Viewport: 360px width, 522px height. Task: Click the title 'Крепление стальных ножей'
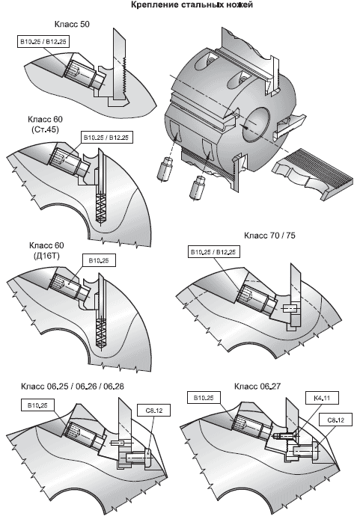point(192,5)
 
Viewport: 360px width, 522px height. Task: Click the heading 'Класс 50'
point(72,24)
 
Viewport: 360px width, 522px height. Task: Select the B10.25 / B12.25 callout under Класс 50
point(43,42)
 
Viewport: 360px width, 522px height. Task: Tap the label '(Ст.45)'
point(46,129)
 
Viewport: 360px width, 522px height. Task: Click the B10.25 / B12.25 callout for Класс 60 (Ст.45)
point(106,137)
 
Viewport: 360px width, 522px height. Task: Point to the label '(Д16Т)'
point(46,256)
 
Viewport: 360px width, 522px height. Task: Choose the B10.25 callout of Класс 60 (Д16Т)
point(99,261)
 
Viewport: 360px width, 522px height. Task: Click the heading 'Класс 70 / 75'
point(269,236)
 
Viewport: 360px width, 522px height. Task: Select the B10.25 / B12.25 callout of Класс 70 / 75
point(213,252)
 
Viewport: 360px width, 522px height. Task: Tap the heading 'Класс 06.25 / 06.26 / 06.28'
point(73,386)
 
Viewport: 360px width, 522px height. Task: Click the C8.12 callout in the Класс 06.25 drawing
point(154,410)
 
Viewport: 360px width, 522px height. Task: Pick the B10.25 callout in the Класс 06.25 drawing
point(37,405)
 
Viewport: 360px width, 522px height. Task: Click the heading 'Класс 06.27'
point(257,386)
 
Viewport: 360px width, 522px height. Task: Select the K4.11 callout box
point(322,398)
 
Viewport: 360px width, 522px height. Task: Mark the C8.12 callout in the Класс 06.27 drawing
point(336,420)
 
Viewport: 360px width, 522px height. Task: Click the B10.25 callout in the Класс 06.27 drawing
point(204,398)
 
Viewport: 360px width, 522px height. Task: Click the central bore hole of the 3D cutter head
point(255,124)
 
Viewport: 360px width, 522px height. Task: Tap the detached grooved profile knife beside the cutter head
point(312,173)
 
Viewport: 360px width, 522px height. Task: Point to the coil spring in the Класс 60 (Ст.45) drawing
point(100,208)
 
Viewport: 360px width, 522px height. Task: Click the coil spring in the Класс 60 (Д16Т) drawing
point(100,333)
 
